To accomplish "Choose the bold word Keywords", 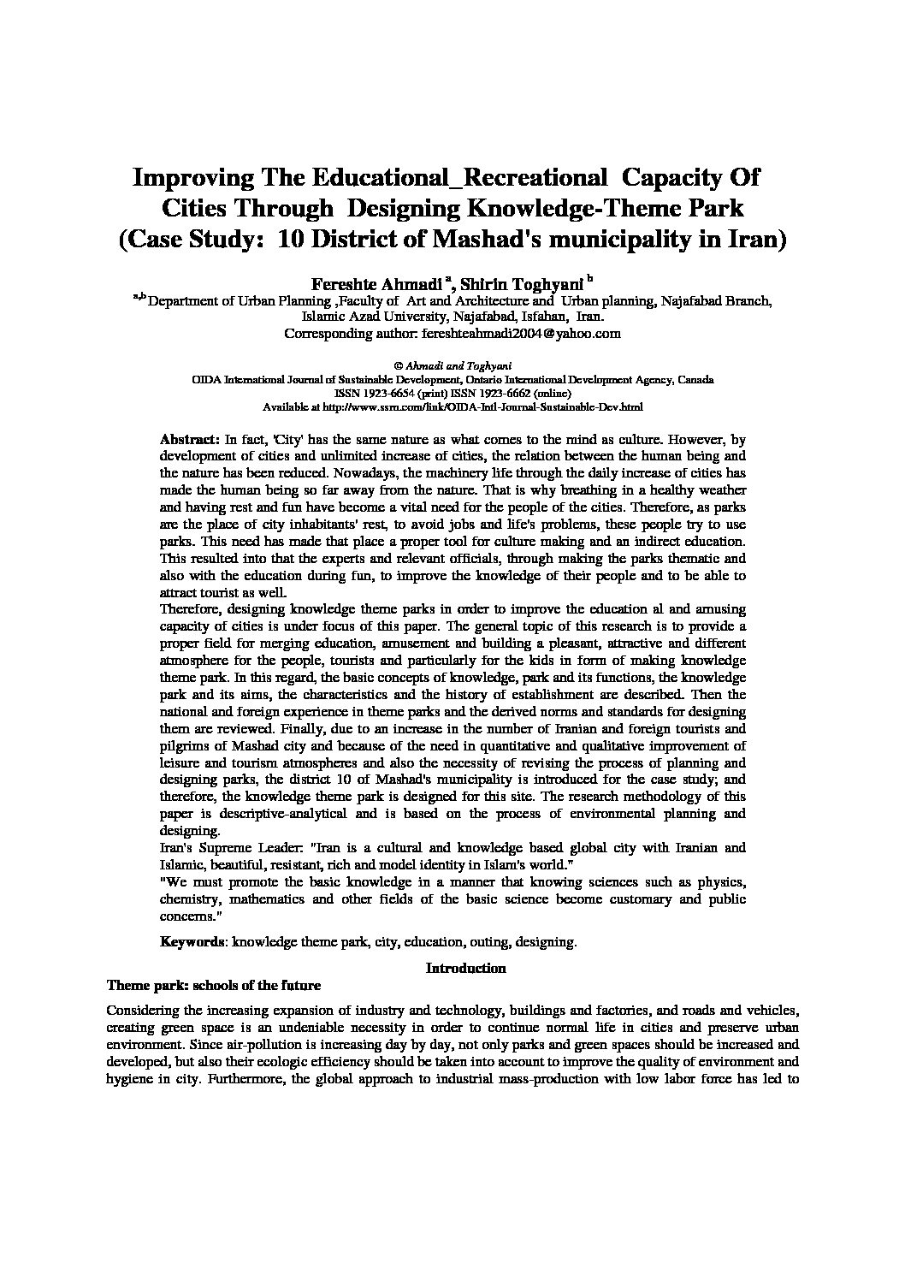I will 192,941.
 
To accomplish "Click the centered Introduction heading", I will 465,968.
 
